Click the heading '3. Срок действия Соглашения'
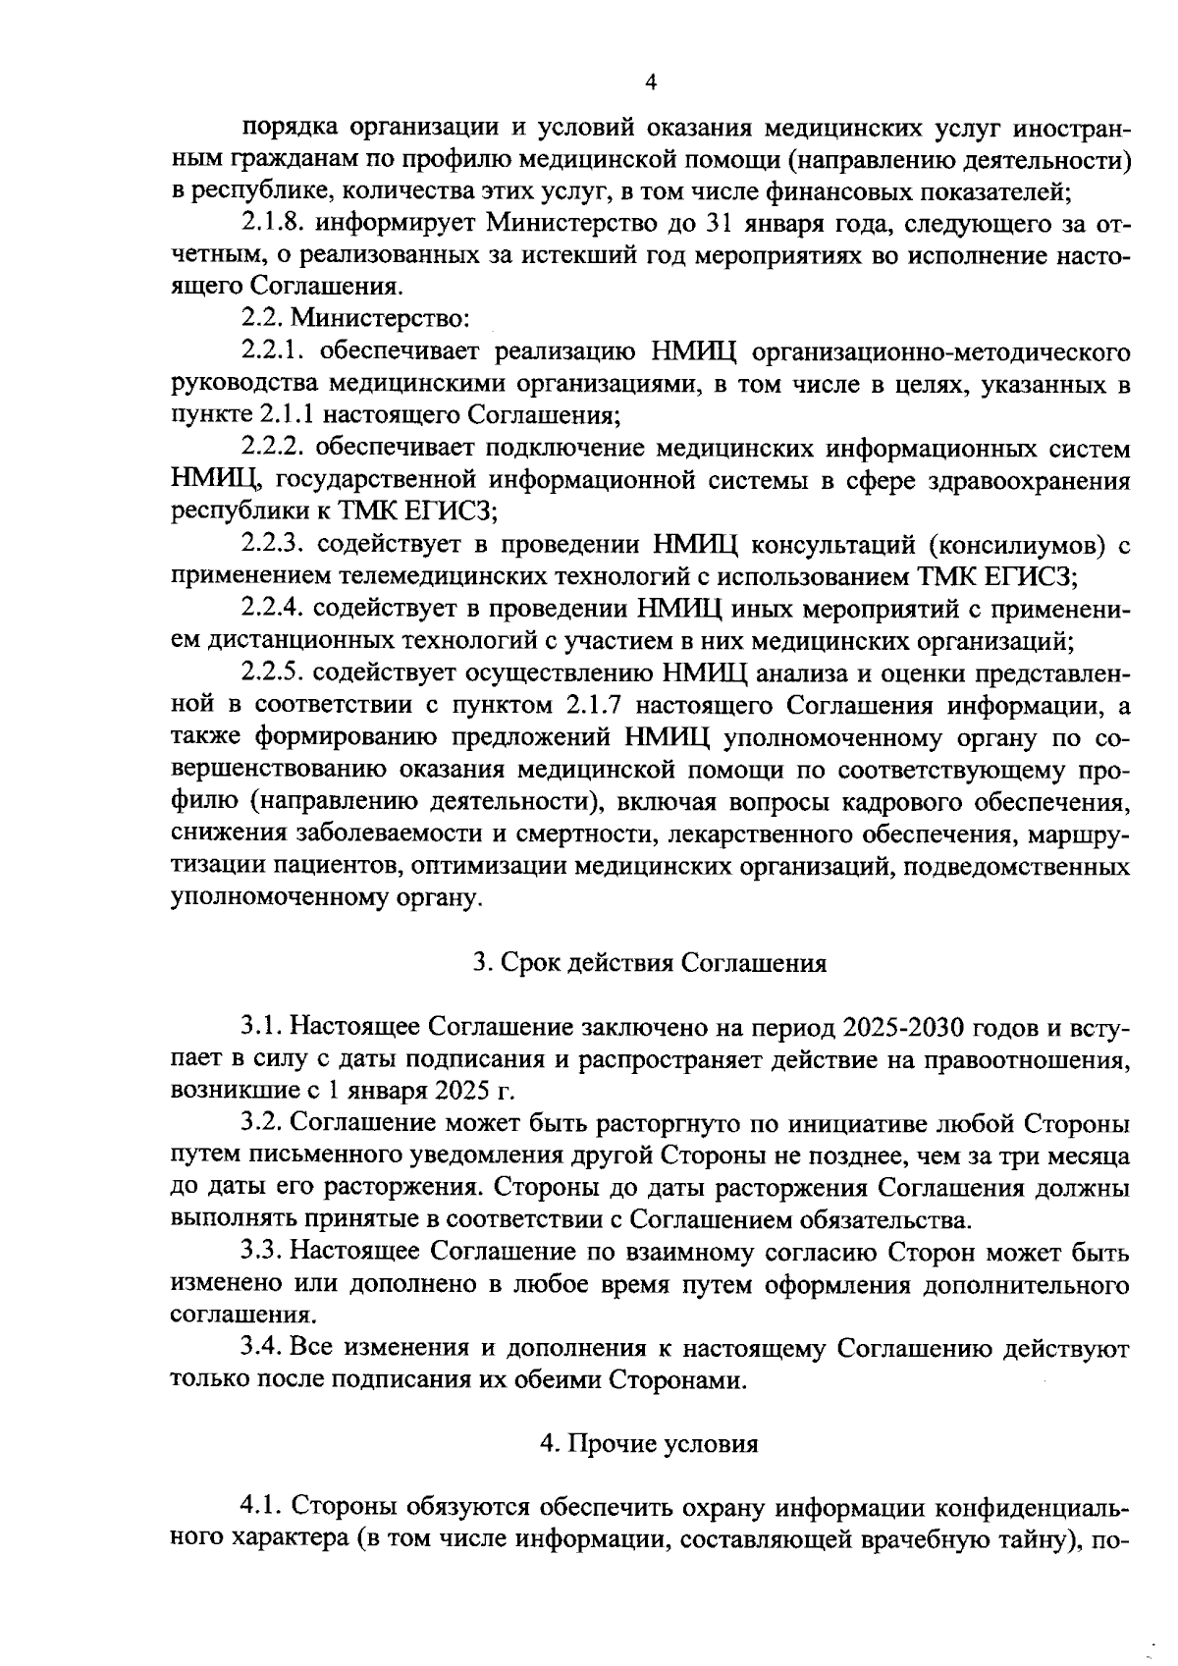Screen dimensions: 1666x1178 (x=649, y=963)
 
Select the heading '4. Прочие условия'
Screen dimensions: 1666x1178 (x=649, y=1444)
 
